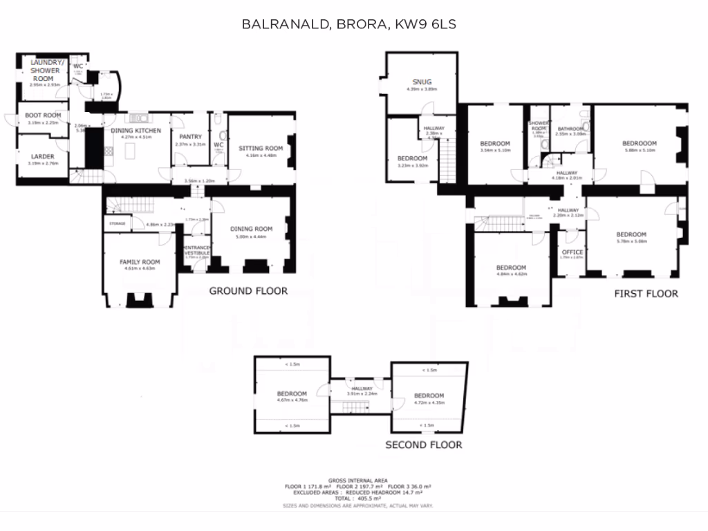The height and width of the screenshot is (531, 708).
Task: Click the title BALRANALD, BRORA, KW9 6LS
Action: [348, 24]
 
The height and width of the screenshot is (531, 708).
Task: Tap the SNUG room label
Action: [421, 82]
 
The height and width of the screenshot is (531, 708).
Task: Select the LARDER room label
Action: [43, 156]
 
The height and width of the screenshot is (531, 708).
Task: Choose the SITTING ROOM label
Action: [261, 148]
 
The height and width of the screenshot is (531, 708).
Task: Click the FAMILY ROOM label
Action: [140, 262]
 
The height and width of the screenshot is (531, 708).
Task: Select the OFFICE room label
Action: [572, 252]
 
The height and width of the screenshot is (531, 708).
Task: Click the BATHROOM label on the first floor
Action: [570, 128]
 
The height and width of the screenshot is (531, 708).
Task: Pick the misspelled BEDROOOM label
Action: [640, 144]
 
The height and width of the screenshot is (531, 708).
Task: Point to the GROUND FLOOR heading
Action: [248, 291]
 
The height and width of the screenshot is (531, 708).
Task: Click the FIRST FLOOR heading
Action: [646, 293]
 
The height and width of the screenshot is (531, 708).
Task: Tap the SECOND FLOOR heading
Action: [423, 445]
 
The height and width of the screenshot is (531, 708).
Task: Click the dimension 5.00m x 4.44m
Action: [251, 236]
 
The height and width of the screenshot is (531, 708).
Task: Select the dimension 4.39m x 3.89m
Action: [421, 89]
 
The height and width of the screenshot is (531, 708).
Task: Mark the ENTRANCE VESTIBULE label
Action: [196, 251]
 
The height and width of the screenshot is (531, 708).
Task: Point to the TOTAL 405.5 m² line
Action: [357, 498]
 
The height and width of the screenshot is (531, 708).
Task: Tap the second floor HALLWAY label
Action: [362, 389]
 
